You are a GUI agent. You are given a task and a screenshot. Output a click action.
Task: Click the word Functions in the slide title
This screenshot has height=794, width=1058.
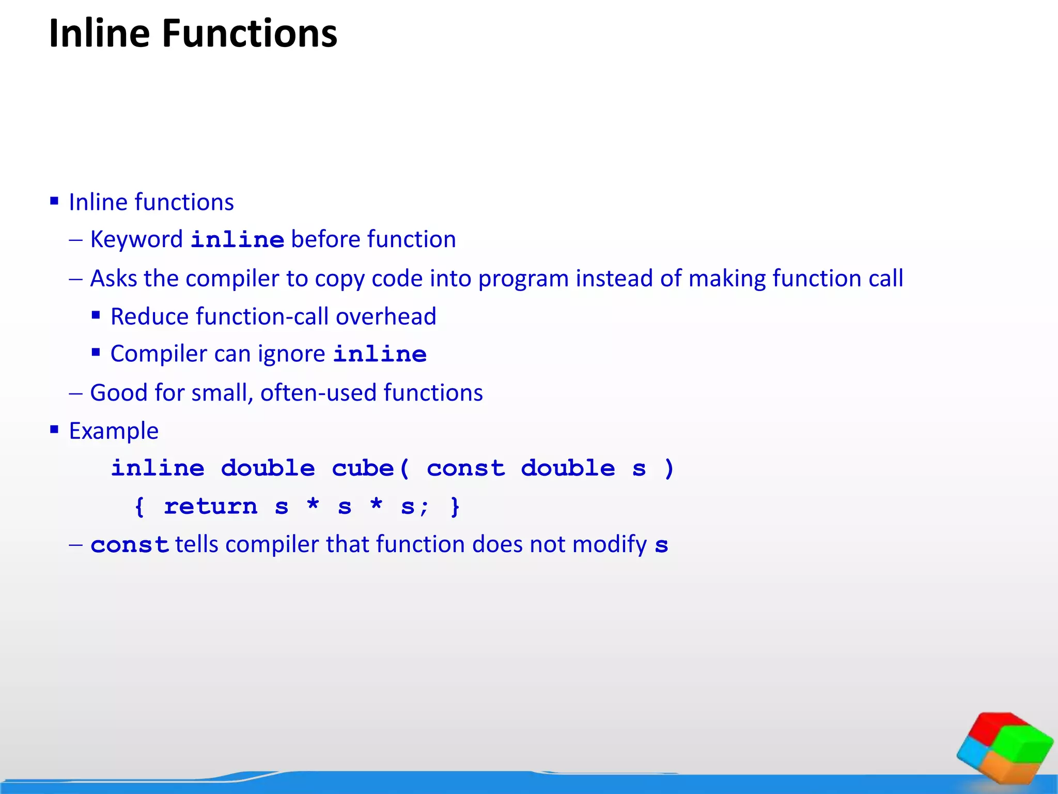pos(250,34)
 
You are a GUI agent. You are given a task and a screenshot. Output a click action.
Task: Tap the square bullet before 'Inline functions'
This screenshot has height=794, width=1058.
pos(54,201)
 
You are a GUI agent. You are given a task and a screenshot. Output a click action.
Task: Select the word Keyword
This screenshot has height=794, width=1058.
pos(136,239)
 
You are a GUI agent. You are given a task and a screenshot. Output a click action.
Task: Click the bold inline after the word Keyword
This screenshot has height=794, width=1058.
pos(237,240)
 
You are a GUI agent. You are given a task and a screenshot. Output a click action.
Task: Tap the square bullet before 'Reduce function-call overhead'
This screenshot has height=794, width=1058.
pos(96,315)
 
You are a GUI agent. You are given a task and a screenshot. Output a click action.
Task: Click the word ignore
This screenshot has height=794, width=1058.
pos(291,354)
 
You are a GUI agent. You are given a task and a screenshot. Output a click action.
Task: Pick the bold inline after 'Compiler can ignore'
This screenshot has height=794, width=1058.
pos(380,355)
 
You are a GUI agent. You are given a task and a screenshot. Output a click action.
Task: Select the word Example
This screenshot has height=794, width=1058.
pos(114,431)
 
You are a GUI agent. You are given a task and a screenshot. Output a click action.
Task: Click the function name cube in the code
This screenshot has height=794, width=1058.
pos(363,468)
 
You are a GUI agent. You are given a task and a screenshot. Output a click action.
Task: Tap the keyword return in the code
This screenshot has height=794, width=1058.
pos(210,507)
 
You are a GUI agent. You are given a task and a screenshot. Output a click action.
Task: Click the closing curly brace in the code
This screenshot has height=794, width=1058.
pos(455,507)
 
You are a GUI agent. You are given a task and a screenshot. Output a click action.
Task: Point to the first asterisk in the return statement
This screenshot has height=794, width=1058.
pos(313,504)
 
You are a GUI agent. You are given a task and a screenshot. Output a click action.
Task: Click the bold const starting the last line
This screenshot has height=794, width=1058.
pos(129,545)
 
